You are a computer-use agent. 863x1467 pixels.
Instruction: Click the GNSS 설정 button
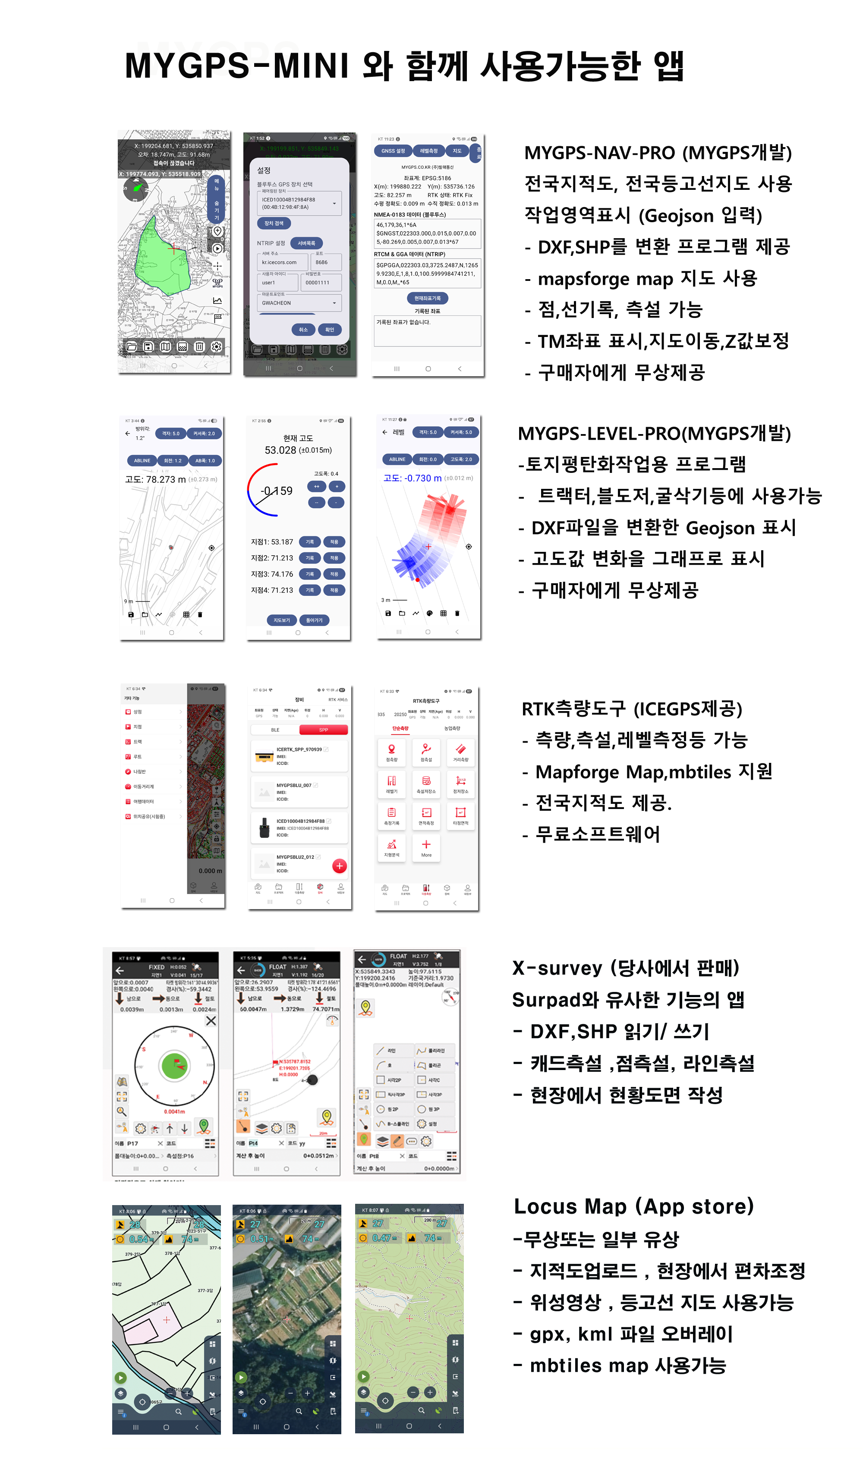click(x=393, y=151)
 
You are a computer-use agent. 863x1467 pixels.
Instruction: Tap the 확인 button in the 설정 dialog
click(x=330, y=330)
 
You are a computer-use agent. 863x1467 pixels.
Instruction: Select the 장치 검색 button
click(x=274, y=223)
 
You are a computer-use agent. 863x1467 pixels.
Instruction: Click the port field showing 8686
click(x=325, y=262)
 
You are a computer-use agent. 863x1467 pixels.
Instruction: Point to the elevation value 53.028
click(x=280, y=450)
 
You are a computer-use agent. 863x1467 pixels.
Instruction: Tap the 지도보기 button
click(x=282, y=620)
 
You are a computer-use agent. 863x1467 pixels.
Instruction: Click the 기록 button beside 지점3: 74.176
click(x=310, y=574)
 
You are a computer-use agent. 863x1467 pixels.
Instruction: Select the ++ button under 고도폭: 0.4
click(x=316, y=486)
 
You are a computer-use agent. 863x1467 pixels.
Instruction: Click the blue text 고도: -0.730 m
click(x=412, y=478)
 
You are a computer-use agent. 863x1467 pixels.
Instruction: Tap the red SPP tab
click(x=323, y=730)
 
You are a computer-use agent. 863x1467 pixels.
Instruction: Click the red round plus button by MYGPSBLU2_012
click(x=340, y=866)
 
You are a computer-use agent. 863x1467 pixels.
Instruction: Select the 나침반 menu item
click(x=139, y=771)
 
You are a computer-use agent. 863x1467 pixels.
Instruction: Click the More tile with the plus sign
click(x=426, y=847)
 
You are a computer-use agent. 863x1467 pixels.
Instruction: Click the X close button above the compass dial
click(x=211, y=1020)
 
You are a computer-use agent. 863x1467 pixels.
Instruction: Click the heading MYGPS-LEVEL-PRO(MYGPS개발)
click(x=654, y=433)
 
